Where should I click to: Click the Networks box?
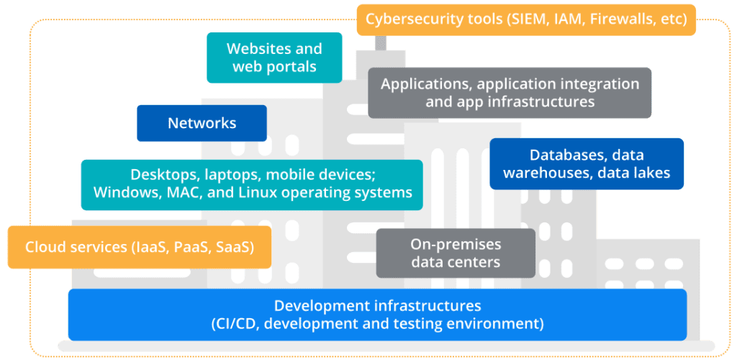pyautogui.click(x=202, y=123)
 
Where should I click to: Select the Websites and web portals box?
pyautogui.click(x=274, y=58)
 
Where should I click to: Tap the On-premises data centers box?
pyautogui.click(x=456, y=253)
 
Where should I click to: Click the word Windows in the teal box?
pyautogui.click(x=123, y=192)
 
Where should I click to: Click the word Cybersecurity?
pyautogui.click(x=412, y=19)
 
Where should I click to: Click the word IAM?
pyautogui.click(x=568, y=19)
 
